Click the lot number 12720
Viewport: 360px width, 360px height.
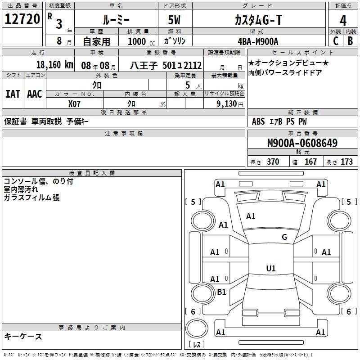pos(22,20)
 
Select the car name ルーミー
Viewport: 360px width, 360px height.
pos(116,19)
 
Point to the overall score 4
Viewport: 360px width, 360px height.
pos(343,21)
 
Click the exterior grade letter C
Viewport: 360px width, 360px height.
pos(335,41)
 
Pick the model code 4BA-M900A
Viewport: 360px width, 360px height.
pos(258,41)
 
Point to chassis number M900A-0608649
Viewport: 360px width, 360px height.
pos(302,143)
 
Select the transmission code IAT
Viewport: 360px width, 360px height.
pos(13,94)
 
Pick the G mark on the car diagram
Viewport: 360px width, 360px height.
pos(284,237)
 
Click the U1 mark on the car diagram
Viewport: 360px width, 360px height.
pos(270,269)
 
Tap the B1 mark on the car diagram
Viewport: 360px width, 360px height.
pos(221,292)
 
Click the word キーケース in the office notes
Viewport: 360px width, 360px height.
pos(23,336)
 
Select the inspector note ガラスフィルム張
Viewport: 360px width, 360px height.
pos(31,198)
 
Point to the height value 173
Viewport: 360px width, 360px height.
pos(346,162)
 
